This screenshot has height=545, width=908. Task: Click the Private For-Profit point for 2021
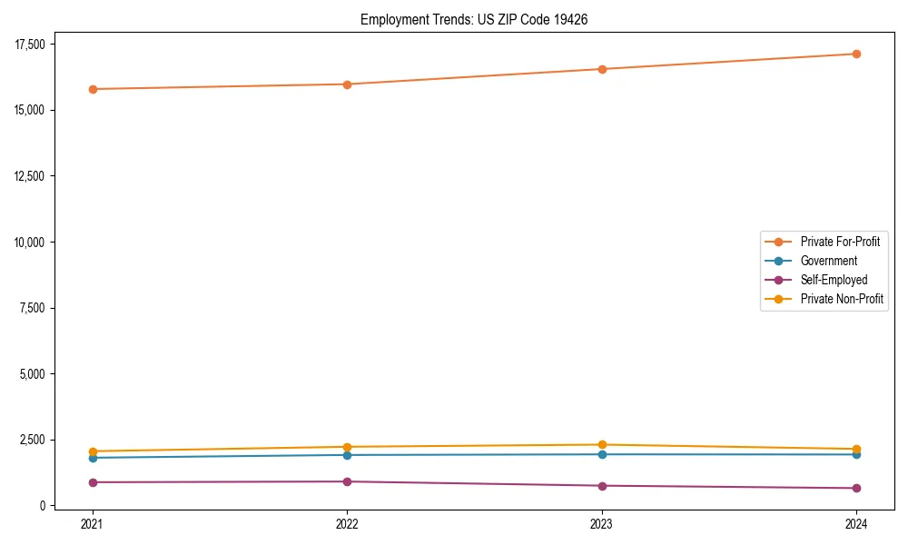point(92,89)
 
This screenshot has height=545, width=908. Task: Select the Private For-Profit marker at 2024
point(856,54)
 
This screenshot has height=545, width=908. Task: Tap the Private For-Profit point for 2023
point(602,69)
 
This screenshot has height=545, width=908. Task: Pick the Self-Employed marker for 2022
point(347,481)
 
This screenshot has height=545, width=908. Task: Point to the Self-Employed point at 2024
point(856,488)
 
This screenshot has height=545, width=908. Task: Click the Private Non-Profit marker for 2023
point(602,445)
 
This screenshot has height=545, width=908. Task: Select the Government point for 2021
point(92,458)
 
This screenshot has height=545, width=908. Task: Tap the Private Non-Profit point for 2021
point(92,451)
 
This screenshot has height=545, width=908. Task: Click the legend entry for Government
point(828,261)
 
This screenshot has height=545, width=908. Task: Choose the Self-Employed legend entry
point(834,280)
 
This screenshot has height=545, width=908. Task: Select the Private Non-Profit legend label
point(842,299)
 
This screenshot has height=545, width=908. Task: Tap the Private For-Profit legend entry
point(840,242)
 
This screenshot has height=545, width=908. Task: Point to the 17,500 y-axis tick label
point(37,45)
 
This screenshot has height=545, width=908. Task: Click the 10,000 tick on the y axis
point(37,243)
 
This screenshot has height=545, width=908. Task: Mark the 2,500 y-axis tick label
point(40,440)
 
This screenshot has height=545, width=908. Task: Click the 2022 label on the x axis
point(347,523)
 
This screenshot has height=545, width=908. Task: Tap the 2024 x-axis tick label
point(856,523)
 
